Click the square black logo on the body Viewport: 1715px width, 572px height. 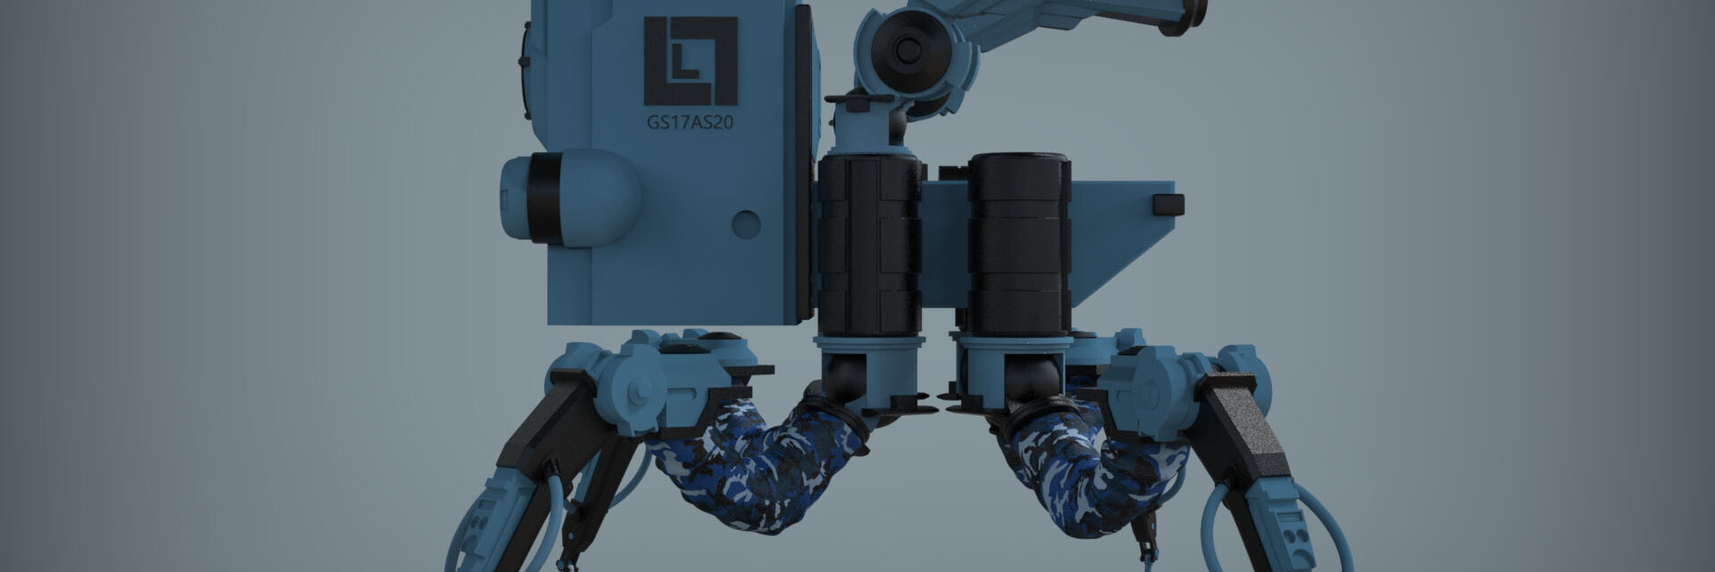coord(691,61)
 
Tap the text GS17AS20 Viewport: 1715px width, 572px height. coord(690,122)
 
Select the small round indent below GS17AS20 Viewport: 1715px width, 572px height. coord(746,223)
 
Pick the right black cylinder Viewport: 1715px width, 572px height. coord(1019,242)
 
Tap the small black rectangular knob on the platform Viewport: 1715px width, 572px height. coord(1168,205)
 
